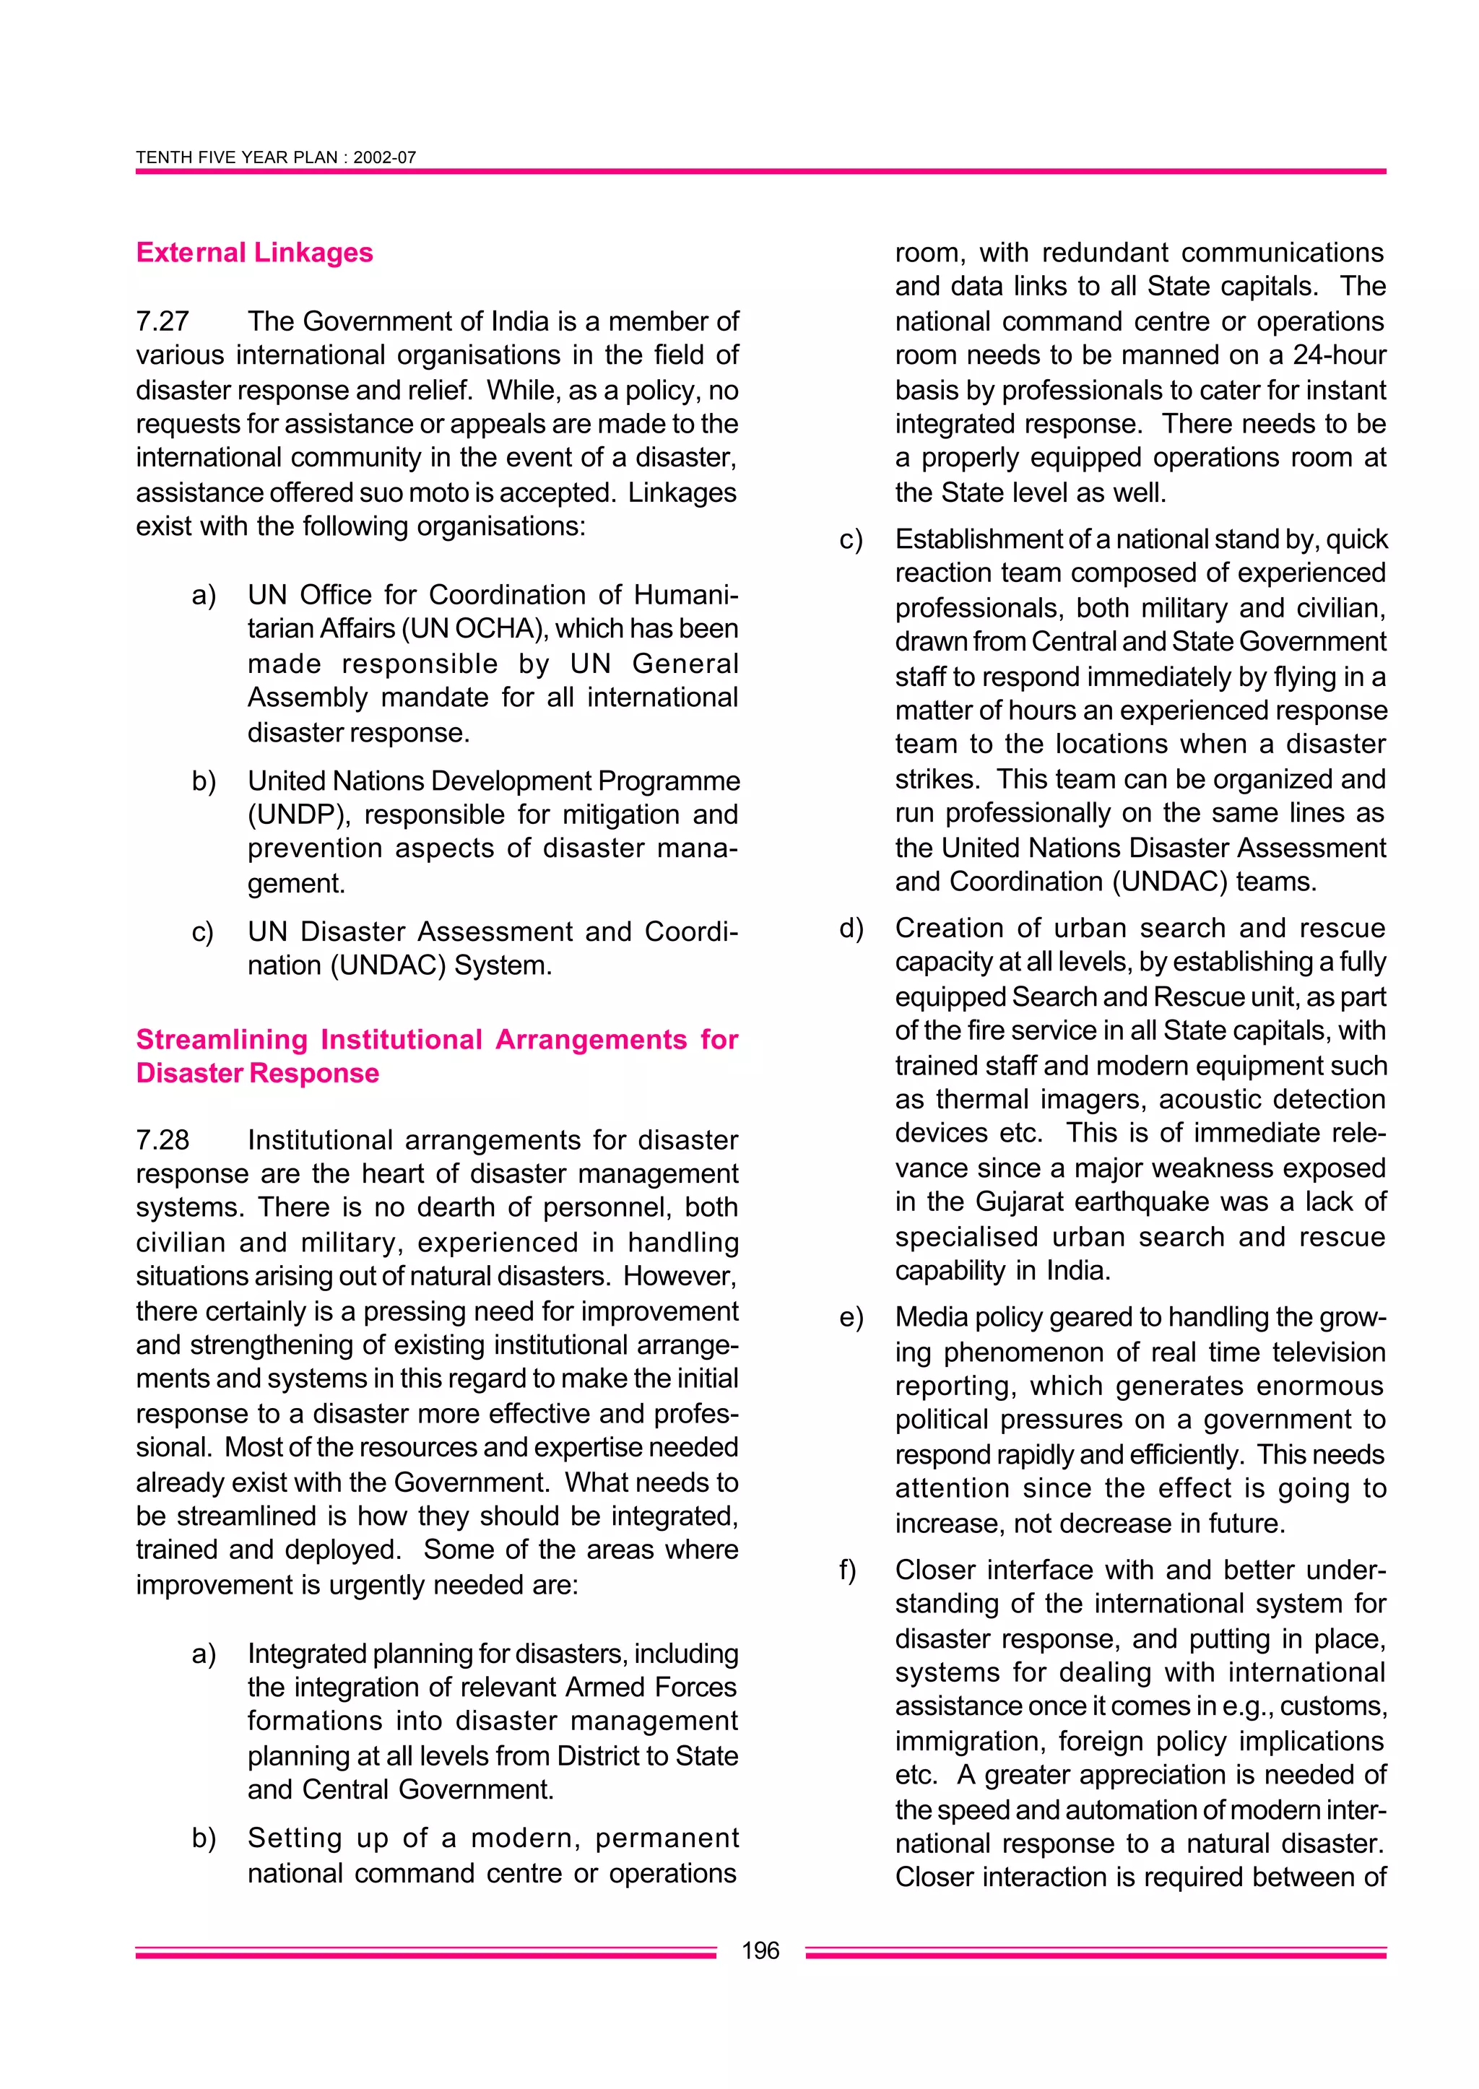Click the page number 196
click(760, 1950)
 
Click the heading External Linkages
click(254, 252)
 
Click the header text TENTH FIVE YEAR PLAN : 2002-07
click(275, 157)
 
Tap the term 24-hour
click(1339, 355)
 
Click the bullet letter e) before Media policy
click(851, 1318)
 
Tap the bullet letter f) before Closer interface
click(848, 1571)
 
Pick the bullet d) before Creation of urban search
click(851, 929)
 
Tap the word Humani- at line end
click(685, 595)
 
